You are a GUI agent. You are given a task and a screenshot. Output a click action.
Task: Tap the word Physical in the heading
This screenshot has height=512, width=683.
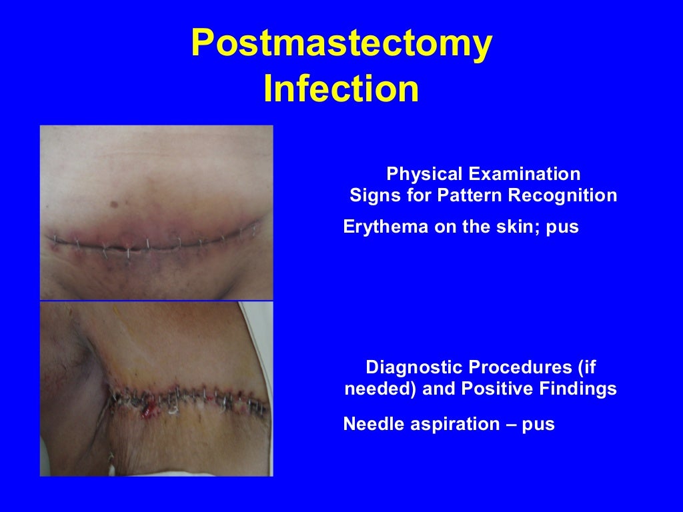click(425, 175)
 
